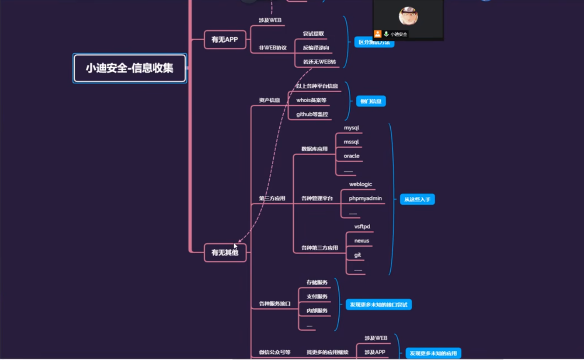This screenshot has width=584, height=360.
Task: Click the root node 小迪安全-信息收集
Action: pyautogui.click(x=129, y=68)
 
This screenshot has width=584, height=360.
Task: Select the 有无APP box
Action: pyautogui.click(x=225, y=40)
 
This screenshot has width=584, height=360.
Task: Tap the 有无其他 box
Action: pyautogui.click(x=225, y=253)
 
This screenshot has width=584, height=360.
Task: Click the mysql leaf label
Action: pyautogui.click(x=351, y=128)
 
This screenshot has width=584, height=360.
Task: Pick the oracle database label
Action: pyautogui.click(x=351, y=156)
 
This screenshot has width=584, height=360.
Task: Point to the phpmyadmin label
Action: pyautogui.click(x=365, y=198)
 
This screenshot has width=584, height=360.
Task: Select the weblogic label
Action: pyautogui.click(x=360, y=184)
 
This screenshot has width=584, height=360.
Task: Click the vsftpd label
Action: pyautogui.click(x=362, y=227)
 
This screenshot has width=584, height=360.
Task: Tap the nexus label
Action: pyautogui.click(x=362, y=241)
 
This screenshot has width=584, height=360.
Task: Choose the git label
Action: pyautogui.click(x=358, y=255)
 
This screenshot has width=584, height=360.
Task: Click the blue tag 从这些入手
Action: pyautogui.click(x=417, y=199)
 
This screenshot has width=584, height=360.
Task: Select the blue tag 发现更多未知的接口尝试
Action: pyautogui.click(x=379, y=304)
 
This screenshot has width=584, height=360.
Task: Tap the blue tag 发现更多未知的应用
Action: pyautogui.click(x=433, y=353)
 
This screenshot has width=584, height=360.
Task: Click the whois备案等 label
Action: pyautogui.click(x=311, y=100)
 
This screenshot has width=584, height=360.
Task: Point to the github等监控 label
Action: pyautogui.click(x=312, y=114)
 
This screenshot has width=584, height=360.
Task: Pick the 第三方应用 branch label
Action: pyautogui.click(x=272, y=199)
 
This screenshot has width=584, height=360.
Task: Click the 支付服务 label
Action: pyautogui.click(x=317, y=297)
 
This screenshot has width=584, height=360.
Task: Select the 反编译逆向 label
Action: pyautogui.click(x=316, y=48)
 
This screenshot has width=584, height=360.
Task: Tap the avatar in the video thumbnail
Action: pyautogui.click(x=408, y=16)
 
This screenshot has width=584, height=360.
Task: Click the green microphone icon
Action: pyautogui.click(x=386, y=34)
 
